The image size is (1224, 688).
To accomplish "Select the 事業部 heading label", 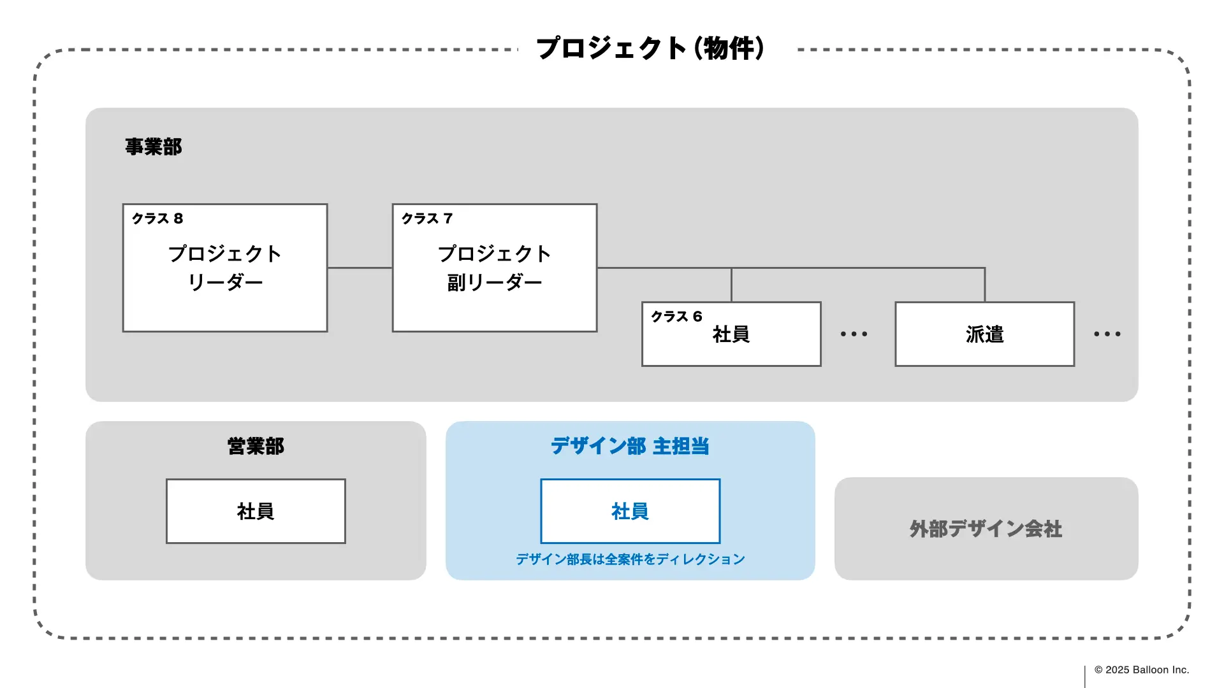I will pos(153,147).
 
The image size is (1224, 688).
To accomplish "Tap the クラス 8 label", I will pos(157,219).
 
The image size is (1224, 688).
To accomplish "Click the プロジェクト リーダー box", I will pos(225,268).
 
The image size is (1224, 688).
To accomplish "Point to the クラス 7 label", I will pos(427,219).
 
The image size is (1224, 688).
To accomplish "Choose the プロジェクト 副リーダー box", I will pos(494,268).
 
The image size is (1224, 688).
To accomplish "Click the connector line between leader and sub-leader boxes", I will pos(360,268).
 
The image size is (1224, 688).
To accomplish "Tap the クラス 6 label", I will pos(676,317).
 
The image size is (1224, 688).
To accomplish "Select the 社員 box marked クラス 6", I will pos(731,335).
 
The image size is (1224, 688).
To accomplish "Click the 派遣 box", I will pos(984,334).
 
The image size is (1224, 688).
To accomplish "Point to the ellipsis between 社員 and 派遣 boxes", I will pos(854,334).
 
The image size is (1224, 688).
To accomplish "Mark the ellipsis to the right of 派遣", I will pos(1107,334).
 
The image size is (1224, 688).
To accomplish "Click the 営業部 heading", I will pos(256,446).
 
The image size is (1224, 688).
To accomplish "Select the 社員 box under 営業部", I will pos(256,511).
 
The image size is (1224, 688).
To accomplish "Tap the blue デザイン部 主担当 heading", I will pos(630,446).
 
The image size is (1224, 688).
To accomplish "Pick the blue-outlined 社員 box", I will pos(630,511).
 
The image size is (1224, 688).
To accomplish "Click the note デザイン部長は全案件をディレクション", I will pos(630,559).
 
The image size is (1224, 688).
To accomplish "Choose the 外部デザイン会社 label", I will pos(986,529).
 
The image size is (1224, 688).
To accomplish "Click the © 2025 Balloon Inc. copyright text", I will pos(1141,670).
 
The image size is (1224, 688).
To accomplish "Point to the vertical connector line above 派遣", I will pos(985,285).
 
